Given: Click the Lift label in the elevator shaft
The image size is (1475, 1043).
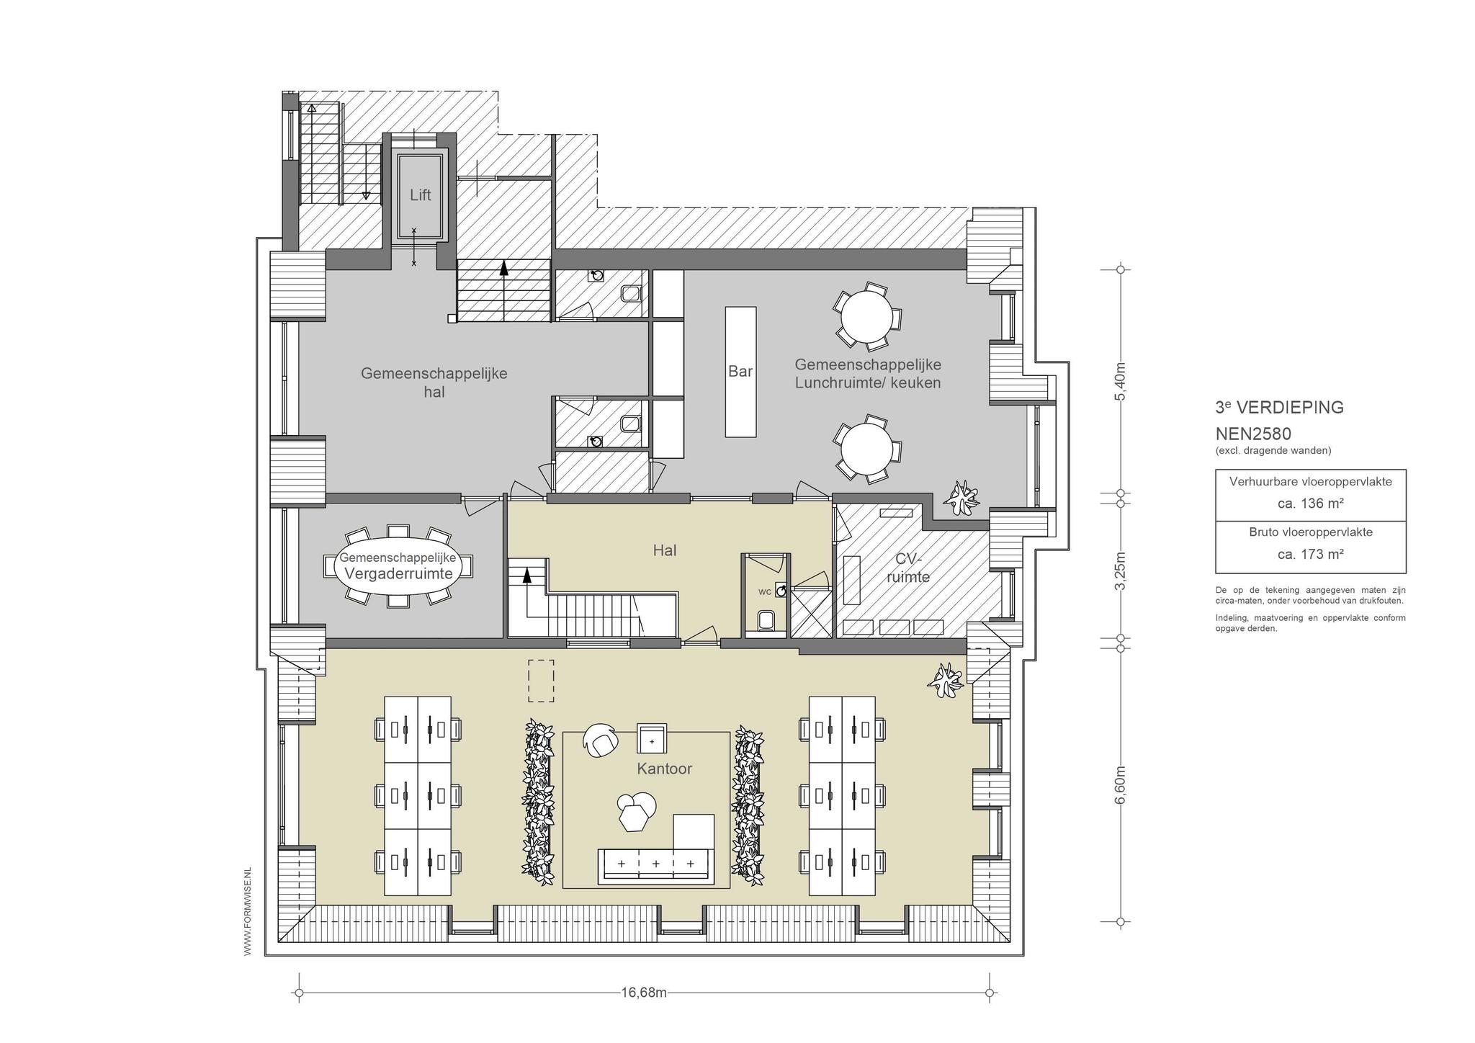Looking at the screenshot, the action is click(x=421, y=195).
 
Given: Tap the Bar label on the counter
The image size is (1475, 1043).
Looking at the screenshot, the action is click(x=740, y=371).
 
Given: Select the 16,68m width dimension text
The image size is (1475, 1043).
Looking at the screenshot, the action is click(x=644, y=993).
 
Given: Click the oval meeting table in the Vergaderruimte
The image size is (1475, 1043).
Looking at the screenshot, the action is click(x=398, y=566).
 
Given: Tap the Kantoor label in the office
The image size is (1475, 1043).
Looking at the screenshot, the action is click(x=664, y=769).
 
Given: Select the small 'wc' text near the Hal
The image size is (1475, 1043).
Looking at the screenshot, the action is click(x=765, y=592).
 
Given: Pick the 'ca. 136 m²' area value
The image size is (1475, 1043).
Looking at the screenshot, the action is click(x=1311, y=503).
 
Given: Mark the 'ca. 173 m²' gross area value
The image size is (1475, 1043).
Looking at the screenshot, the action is click(x=1311, y=554).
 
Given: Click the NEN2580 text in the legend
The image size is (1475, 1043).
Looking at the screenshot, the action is click(x=1253, y=434).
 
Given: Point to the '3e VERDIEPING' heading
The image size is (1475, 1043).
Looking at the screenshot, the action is click(x=1280, y=407).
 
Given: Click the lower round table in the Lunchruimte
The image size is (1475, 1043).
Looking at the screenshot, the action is click(x=867, y=449).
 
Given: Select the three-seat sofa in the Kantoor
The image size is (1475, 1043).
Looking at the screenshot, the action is click(x=655, y=865).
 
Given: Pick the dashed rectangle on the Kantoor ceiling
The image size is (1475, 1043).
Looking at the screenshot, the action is click(x=541, y=681).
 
